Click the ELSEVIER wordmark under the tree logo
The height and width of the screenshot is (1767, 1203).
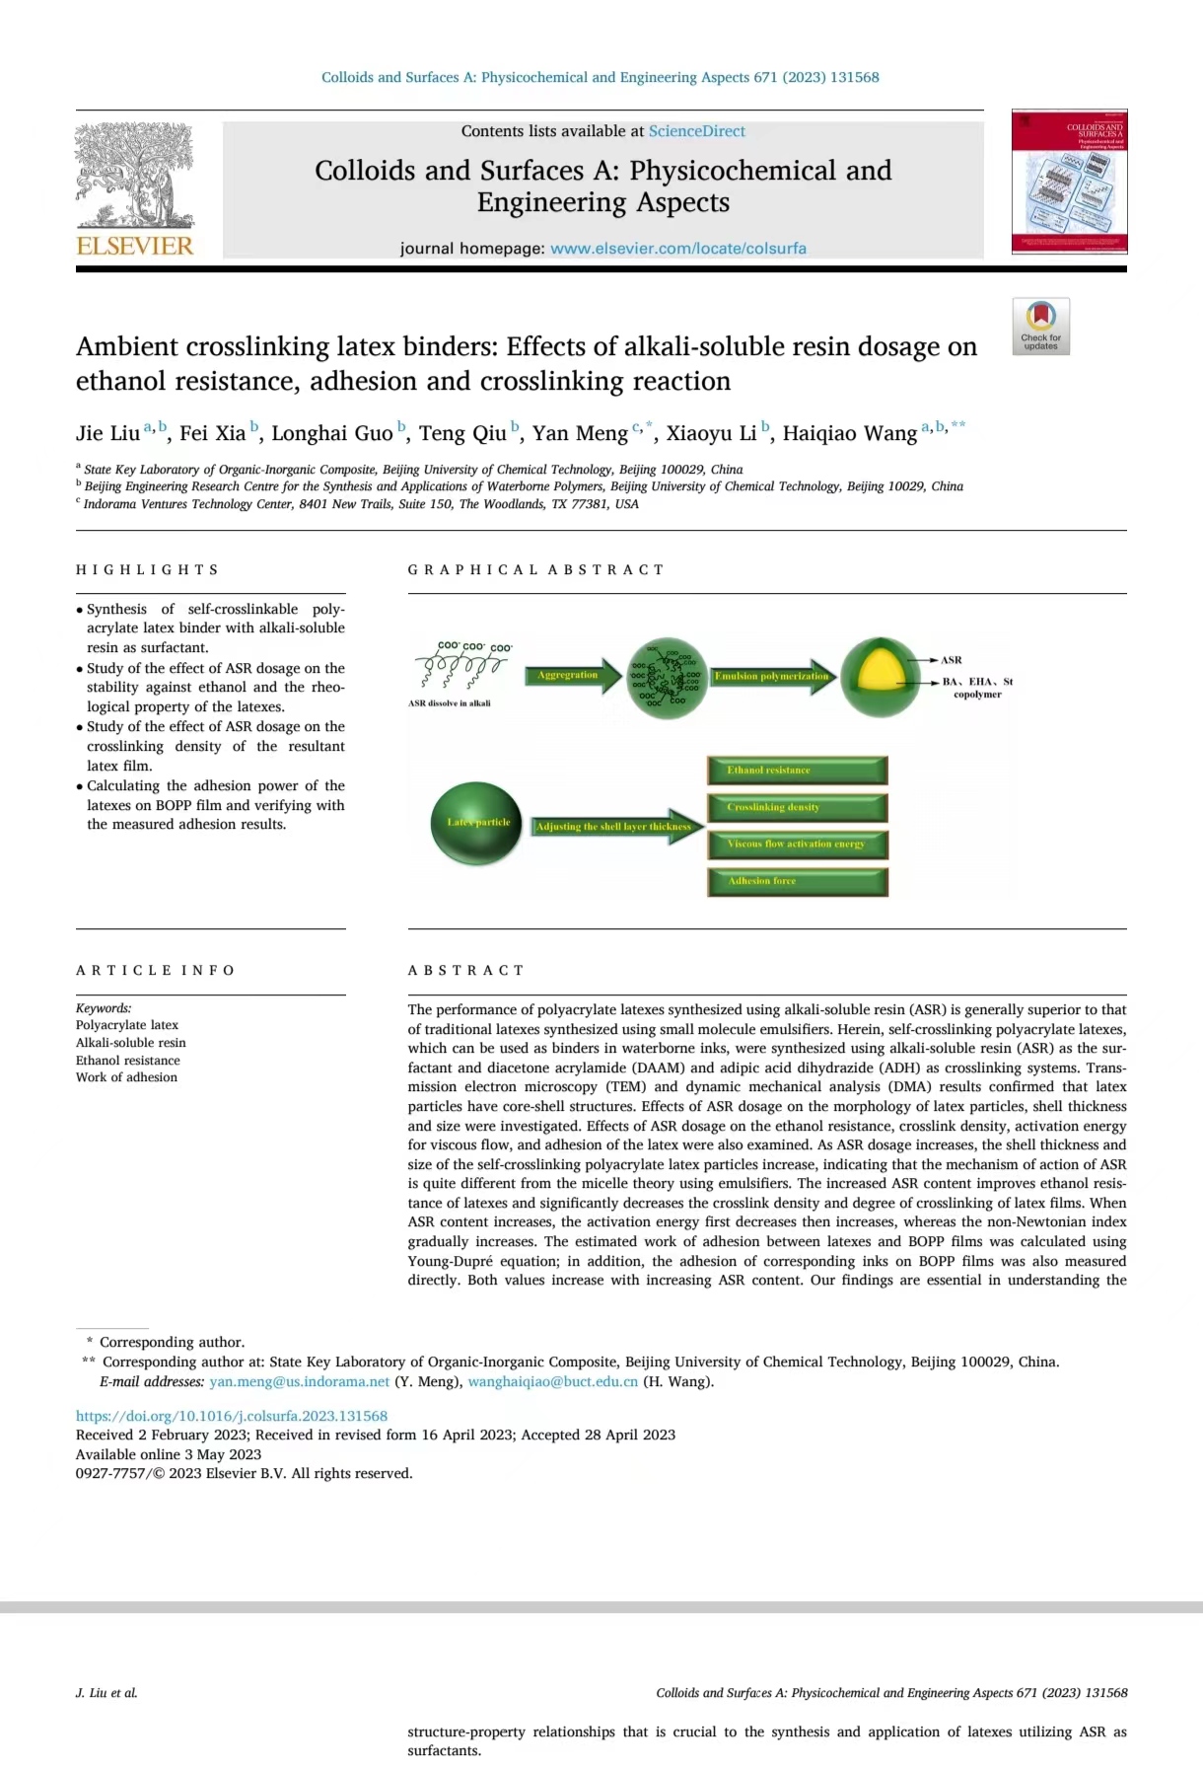click(x=135, y=246)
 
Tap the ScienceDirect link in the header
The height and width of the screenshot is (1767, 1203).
click(x=696, y=131)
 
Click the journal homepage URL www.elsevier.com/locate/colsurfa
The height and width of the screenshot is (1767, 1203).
click(x=677, y=249)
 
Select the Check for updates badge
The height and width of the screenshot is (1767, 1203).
click(x=1040, y=327)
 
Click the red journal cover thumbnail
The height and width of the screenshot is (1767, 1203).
click(x=1069, y=182)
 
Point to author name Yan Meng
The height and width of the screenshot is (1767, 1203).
click(x=580, y=433)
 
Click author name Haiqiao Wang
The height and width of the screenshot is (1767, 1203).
click(x=849, y=433)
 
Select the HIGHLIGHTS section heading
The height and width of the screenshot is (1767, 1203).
click(x=147, y=570)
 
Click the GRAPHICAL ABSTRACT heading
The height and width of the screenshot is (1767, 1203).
click(x=535, y=570)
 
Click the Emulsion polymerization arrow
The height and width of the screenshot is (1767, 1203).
click(x=773, y=676)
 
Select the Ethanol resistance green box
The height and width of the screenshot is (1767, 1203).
click(x=797, y=771)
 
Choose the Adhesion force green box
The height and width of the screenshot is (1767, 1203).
click(x=797, y=881)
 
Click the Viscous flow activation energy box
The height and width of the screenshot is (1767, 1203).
click(x=797, y=845)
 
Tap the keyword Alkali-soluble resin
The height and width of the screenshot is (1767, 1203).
click(x=130, y=1043)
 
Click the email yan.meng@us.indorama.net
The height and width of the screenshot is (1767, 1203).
click(x=299, y=1381)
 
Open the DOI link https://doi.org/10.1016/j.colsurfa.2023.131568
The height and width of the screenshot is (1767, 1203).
click(x=232, y=1416)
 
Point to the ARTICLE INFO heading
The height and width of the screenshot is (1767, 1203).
click(x=155, y=971)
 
